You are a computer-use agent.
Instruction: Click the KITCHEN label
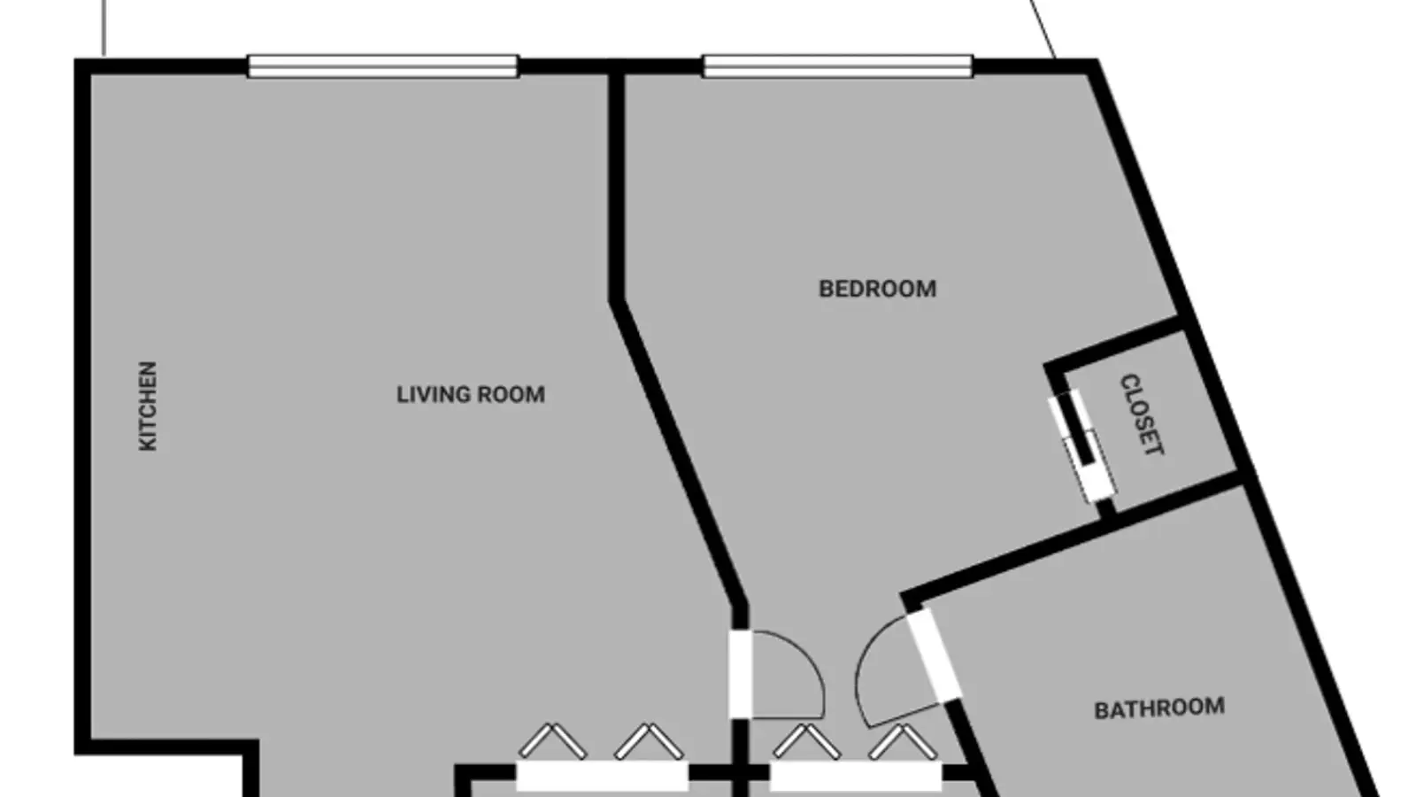[147, 406]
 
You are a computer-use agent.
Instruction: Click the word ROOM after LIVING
[511, 395]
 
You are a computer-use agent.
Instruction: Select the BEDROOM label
[877, 289]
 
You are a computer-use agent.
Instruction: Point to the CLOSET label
[1142, 414]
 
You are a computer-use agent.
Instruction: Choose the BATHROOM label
[1159, 709]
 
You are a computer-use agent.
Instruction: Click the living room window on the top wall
[382, 66]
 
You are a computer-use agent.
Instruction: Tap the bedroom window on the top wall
[837, 66]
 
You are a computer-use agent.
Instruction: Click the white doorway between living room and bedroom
[740, 674]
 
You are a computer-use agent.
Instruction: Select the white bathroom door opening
[935, 654]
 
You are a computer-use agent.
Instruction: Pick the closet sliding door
[1082, 446]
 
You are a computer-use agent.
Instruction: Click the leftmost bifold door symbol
[552, 741]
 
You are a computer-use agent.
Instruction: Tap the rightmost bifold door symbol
[903, 741]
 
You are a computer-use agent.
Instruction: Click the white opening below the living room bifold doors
[603, 776]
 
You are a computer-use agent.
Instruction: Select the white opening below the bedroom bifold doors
[856, 776]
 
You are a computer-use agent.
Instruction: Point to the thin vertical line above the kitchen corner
[104, 27]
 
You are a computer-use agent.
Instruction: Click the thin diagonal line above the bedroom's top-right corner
[1043, 28]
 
